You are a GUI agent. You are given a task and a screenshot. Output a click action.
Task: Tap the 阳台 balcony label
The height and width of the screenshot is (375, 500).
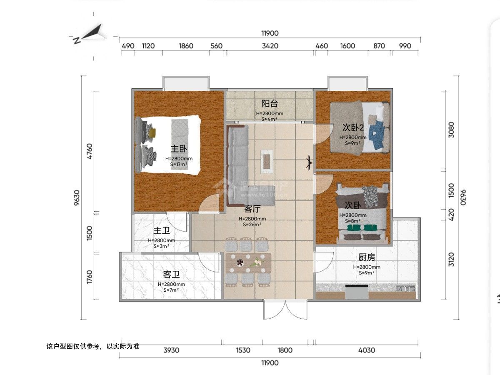tap(269, 104)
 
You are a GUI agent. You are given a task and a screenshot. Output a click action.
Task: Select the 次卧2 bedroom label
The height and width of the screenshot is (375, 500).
tap(353, 127)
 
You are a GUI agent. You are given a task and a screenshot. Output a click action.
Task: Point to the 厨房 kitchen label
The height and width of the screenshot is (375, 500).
tap(367, 257)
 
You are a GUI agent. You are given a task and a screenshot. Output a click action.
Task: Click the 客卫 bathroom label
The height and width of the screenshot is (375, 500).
tap(171, 275)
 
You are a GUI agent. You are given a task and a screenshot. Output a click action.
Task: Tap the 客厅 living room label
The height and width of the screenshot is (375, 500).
tap(252, 209)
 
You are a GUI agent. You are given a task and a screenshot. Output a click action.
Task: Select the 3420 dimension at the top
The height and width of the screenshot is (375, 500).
tap(270, 46)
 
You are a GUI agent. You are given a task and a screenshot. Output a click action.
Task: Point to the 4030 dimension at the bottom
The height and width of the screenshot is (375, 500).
tap(366, 350)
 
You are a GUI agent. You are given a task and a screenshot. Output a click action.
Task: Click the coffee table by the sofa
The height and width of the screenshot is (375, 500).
tap(267, 161)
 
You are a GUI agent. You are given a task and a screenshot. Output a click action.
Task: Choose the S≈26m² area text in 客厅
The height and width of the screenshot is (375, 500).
tap(252, 225)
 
